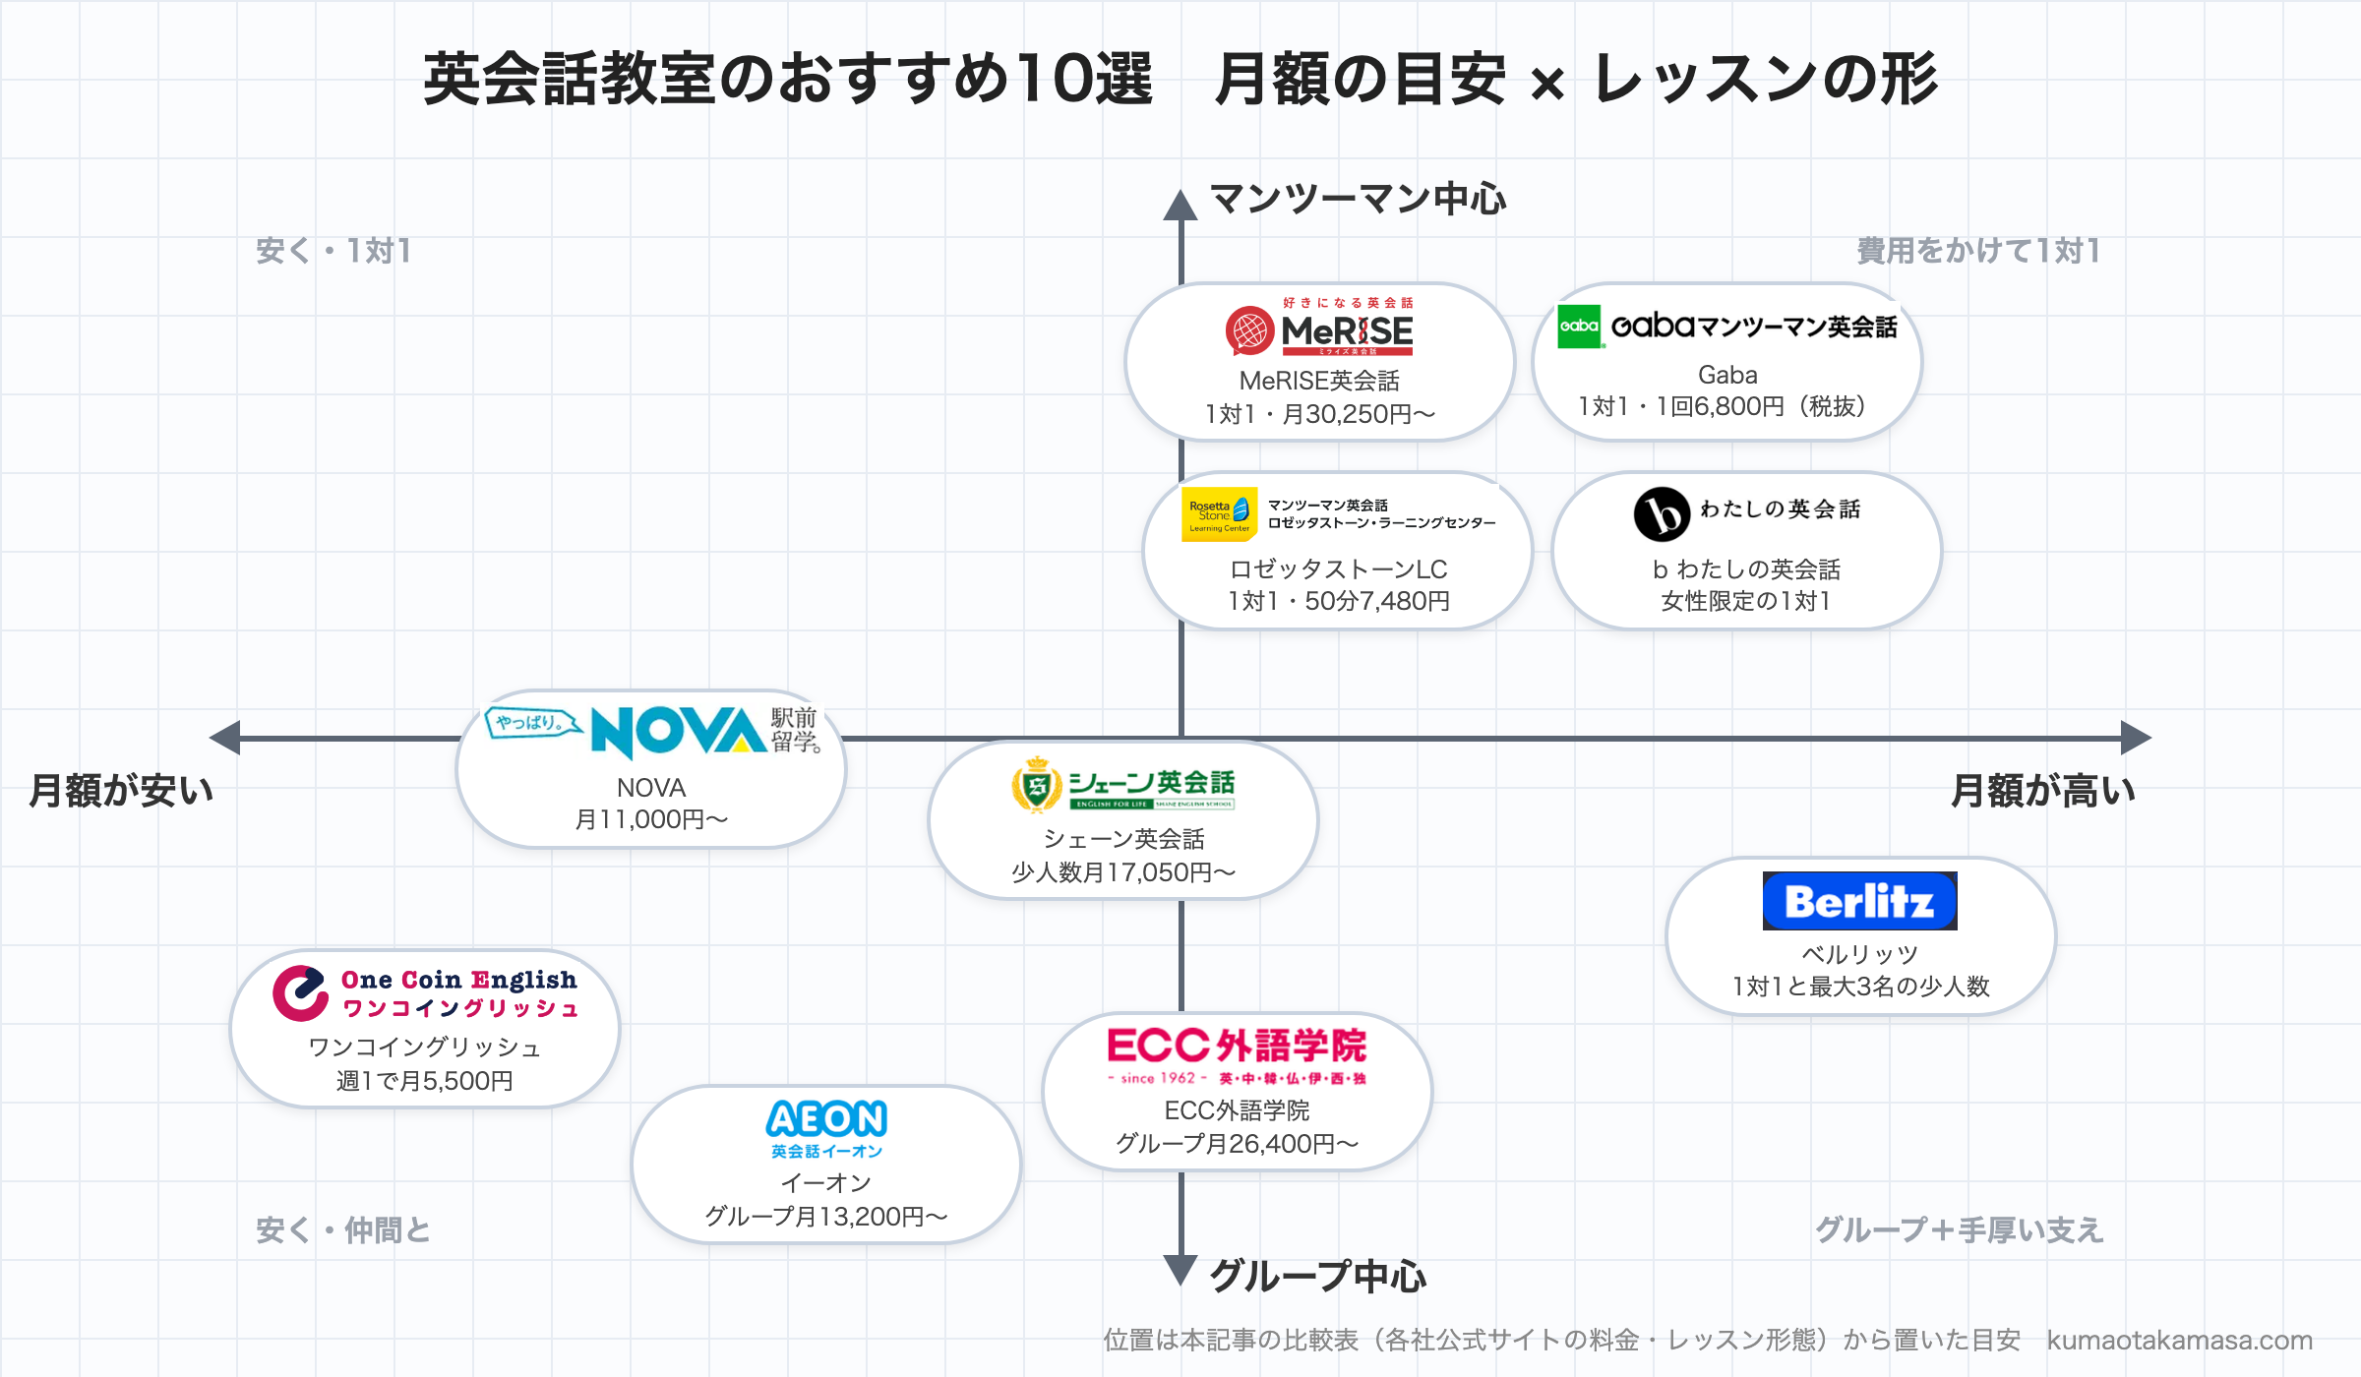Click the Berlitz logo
(1859, 901)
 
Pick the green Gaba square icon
(1579, 327)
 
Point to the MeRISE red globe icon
(1249, 331)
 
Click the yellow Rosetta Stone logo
(1220, 514)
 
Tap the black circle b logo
(1662, 514)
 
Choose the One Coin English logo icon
(300, 993)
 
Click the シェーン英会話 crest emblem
(1037, 785)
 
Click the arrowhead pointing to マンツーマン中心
(1180, 205)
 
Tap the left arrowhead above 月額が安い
(225, 738)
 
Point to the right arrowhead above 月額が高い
(2136, 738)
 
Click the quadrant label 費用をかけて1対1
(1978, 251)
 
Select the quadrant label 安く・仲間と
(343, 1229)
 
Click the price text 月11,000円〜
(651, 819)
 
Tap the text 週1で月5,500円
(425, 1081)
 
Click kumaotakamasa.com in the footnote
(2179, 1340)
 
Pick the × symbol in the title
(1547, 84)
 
